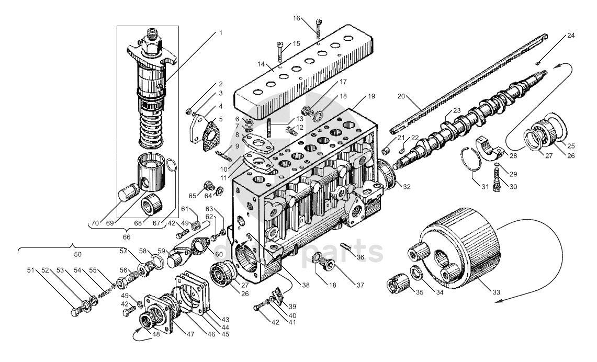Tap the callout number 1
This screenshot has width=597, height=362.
pos(220,33)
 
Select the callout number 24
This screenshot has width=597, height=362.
pos(571,36)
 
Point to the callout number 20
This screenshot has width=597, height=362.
pos(401,96)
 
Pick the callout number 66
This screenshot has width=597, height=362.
pos(127,236)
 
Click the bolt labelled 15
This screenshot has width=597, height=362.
pos(280,50)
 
